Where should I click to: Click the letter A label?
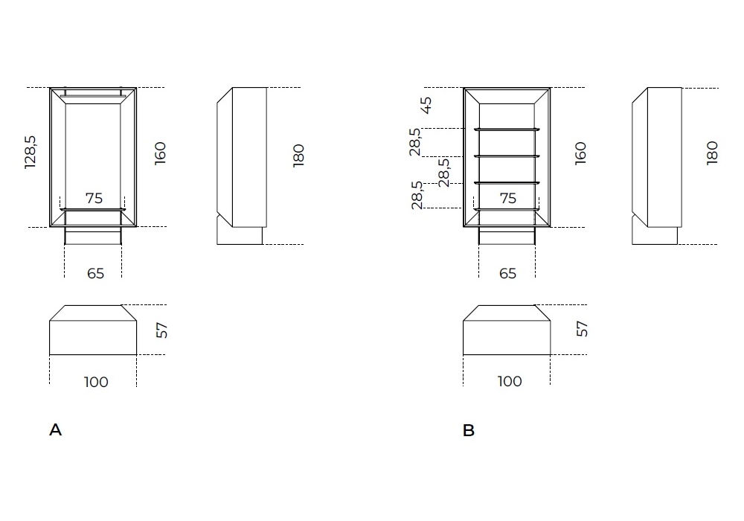[56, 430]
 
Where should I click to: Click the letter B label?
[468, 430]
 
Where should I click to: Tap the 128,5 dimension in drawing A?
[31, 153]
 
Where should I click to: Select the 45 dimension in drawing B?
[426, 106]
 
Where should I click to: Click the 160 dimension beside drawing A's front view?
[161, 153]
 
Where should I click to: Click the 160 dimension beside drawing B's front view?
[580, 153]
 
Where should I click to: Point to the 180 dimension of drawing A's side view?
[298, 156]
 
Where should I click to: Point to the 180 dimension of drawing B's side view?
[712, 153]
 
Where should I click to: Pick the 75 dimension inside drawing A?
[94, 198]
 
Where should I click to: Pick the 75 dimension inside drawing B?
[507, 198]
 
